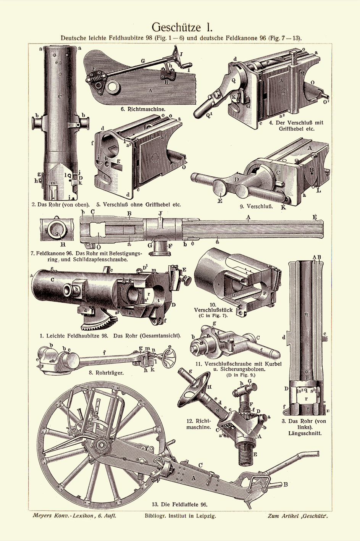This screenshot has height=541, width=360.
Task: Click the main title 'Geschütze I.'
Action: coord(182,27)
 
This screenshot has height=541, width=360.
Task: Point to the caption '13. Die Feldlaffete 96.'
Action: coord(179,504)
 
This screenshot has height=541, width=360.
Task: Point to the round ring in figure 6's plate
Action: coord(112,87)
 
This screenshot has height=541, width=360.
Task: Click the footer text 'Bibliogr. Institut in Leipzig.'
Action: coord(180,516)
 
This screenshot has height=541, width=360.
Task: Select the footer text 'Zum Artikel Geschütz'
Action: coord(298,516)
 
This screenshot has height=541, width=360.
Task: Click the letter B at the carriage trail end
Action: coord(285,484)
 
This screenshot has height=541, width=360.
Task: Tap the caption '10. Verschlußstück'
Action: coord(213,310)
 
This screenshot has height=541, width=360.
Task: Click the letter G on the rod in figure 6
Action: coord(142,61)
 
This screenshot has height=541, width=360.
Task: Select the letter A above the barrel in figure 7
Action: coord(248,218)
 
